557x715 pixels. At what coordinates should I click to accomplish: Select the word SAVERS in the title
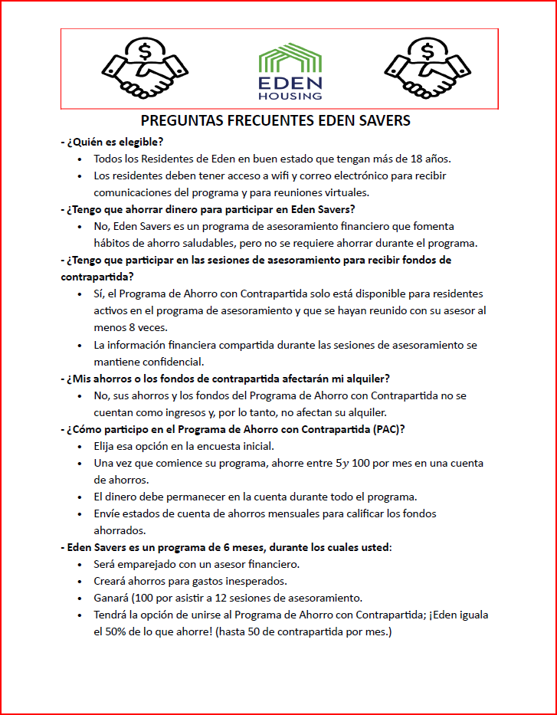pos(383,121)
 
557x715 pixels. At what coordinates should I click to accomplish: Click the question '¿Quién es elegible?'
pos(115,142)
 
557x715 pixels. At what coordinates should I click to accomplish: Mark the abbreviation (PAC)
pos(389,428)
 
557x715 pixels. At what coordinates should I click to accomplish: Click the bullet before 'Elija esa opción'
pos(81,446)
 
